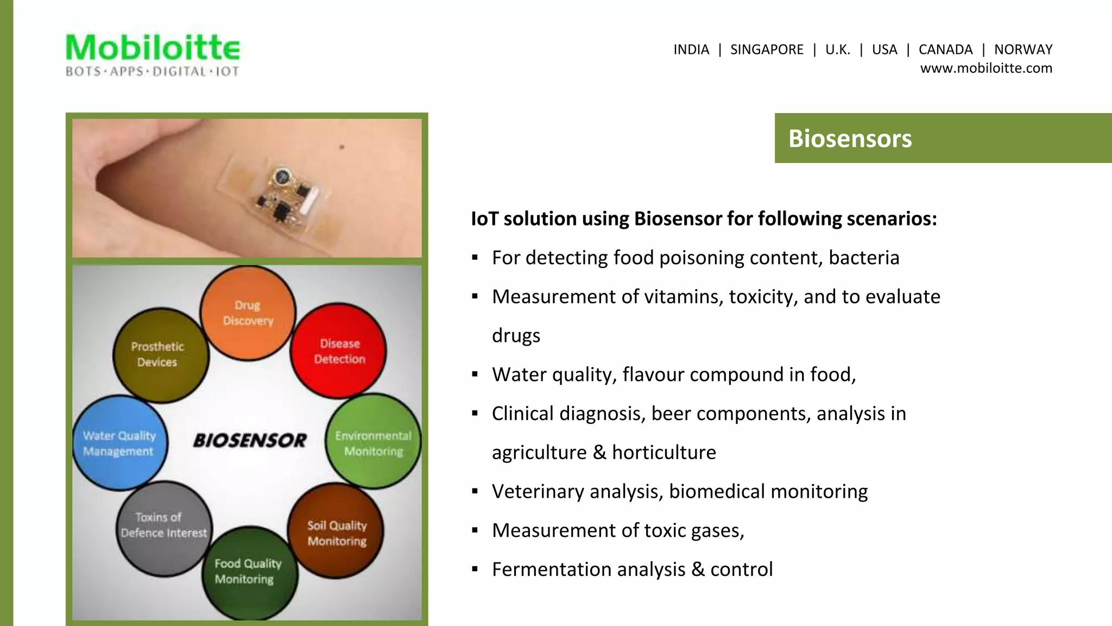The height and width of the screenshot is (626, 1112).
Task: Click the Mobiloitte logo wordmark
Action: (x=153, y=48)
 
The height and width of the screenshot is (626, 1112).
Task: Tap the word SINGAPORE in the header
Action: (x=766, y=49)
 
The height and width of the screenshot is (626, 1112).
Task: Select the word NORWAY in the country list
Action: (x=1023, y=49)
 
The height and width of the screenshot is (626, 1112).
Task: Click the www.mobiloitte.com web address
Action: (x=985, y=68)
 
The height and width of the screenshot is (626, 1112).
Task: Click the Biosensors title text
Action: (x=850, y=138)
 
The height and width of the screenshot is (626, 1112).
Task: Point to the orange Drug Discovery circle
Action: (x=248, y=313)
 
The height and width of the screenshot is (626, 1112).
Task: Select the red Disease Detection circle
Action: (x=339, y=351)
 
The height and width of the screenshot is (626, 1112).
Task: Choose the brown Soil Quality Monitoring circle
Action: (x=337, y=532)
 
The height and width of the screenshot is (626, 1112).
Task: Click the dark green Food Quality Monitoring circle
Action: (x=249, y=572)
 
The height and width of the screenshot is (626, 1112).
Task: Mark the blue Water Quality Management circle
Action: (x=119, y=443)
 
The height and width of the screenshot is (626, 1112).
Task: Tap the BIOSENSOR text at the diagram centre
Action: (x=250, y=440)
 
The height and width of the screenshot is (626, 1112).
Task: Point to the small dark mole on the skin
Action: (x=342, y=147)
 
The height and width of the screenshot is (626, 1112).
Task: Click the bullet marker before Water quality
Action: (x=475, y=374)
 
